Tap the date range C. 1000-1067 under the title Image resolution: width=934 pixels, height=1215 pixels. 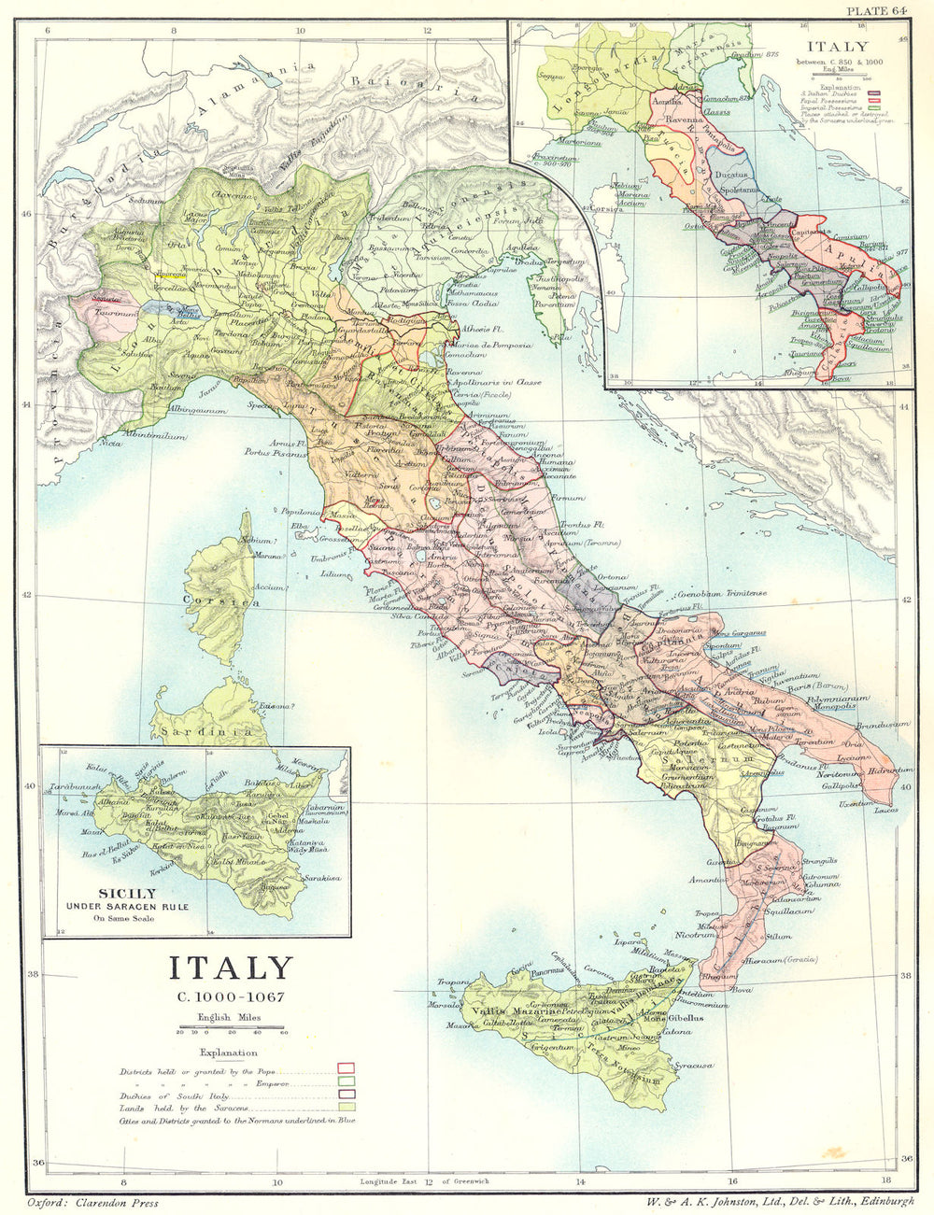point(230,996)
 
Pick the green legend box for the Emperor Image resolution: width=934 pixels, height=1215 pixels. point(346,1080)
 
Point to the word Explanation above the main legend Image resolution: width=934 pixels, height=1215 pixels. point(230,1053)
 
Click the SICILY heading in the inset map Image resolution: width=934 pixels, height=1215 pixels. point(112,892)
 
